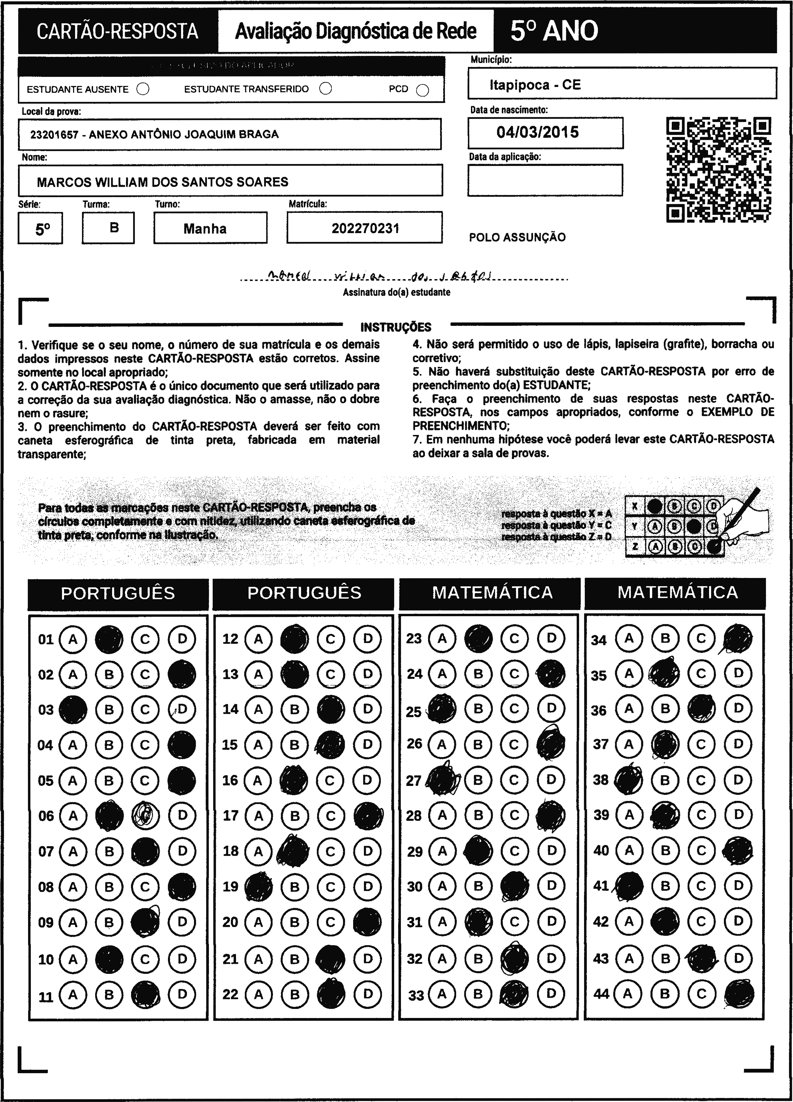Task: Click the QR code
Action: [719, 170]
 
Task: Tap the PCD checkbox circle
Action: [423, 90]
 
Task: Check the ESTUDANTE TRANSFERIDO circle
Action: [326, 88]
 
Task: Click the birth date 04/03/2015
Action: [538, 132]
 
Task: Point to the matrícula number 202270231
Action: [365, 228]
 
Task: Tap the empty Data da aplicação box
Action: [545, 180]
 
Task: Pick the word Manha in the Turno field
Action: [205, 228]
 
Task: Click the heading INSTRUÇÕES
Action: [396, 327]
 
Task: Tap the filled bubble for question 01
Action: [109, 639]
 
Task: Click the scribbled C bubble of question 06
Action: [145, 815]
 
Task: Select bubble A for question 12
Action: [258, 639]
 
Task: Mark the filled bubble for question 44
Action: [738, 994]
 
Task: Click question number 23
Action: [414, 639]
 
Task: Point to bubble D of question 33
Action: [551, 994]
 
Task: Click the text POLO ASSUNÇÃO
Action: [517, 237]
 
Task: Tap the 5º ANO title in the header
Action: [554, 31]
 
